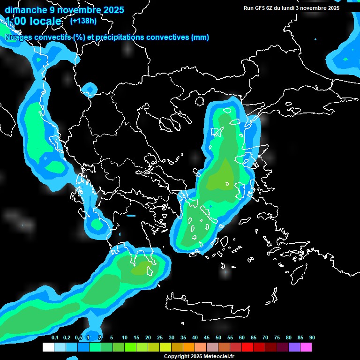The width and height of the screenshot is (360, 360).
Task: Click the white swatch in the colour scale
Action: [48, 347]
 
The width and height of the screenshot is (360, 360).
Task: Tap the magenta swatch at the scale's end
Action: [306, 347]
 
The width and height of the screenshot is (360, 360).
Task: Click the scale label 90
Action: [312, 338]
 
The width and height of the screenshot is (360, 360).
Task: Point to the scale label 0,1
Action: [55, 338]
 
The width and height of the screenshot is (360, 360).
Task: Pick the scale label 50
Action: [218, 338]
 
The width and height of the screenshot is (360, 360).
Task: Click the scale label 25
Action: [160, 338]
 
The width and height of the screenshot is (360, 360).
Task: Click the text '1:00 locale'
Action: [33, 21]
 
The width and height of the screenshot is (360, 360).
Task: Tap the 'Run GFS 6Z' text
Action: [258, 8]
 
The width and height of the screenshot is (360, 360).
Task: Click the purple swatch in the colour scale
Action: [294, 347]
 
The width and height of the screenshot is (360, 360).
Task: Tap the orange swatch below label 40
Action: [189, 347]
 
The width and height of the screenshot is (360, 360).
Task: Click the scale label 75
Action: [277, 338]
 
